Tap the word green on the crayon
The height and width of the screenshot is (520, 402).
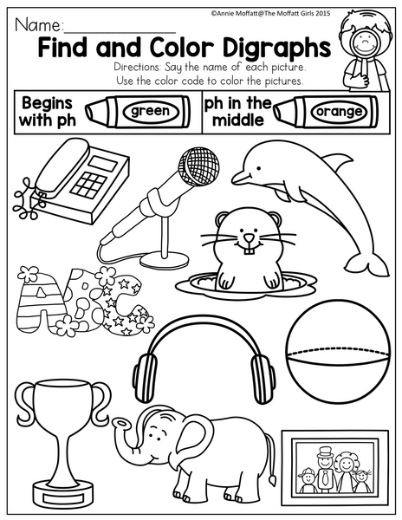pos(150,112)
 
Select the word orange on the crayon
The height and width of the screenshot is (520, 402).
pos(339,112)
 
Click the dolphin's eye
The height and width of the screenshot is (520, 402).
pos(257,168)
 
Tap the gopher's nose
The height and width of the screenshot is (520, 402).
pos(249,238)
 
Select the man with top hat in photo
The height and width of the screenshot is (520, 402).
pos(324,468)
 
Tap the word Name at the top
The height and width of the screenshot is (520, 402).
pos(38,25)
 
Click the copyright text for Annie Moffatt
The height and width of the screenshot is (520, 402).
pos(270,13)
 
